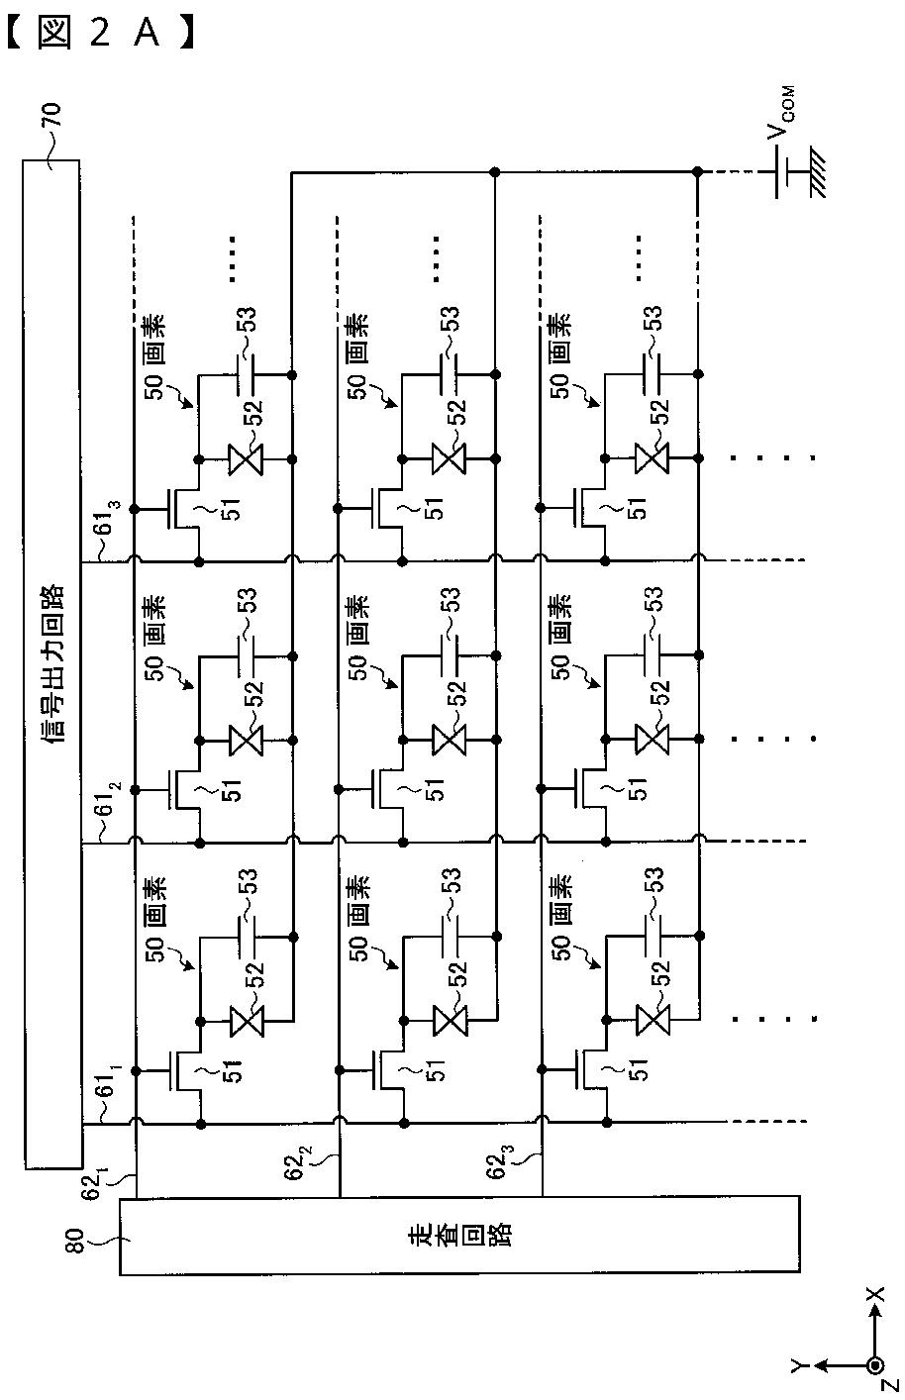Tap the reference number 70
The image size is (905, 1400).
coord(51,116)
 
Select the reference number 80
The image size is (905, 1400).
coord(74,1240)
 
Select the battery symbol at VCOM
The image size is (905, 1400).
coord(782,172)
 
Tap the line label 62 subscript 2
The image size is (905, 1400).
coord(298,1161)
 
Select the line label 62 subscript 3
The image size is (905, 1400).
coord(501,1161)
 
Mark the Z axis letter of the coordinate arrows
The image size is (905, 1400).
coord(888,1389)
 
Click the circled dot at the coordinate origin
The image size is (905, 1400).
coord(876,1367)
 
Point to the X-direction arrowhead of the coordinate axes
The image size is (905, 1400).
coord(876,1315)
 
